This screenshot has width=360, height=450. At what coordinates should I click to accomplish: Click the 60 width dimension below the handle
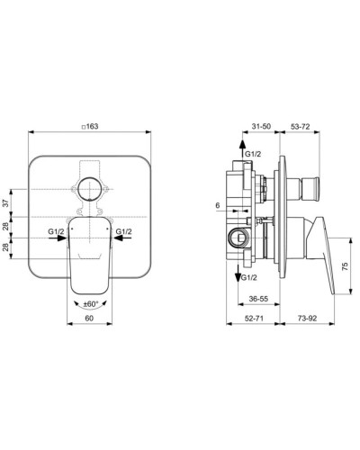pyautogui.click(x=88, y=319)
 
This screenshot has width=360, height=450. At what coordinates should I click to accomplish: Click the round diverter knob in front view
pyautogui.click(x=89, y=190)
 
